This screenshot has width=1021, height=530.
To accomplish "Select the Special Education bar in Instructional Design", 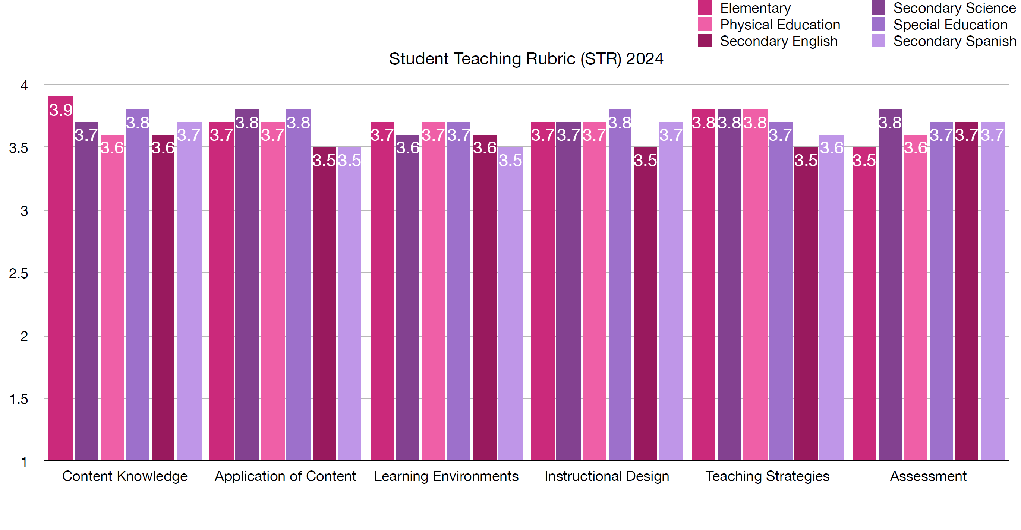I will [620, 285].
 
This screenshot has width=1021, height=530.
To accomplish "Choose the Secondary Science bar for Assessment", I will [890, 285].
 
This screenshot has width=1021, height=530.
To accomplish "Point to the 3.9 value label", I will [61, 110].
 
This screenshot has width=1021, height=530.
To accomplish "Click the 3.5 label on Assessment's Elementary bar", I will [864, 161].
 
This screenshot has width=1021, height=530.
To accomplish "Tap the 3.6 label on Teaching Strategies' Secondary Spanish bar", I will [832, 148].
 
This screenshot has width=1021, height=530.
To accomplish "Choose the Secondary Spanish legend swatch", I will [878, 41].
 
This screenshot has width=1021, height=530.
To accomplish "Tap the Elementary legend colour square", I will [705, 8].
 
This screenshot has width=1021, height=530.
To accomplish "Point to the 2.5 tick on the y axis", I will [19, 273].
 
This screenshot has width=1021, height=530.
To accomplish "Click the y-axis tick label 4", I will [24, 85].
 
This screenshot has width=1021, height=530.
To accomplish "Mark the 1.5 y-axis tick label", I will [19, 399].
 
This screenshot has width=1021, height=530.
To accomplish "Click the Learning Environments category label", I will [446, 476].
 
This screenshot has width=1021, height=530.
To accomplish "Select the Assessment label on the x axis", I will [928, 476].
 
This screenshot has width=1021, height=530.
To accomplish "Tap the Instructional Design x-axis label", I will [607, 476].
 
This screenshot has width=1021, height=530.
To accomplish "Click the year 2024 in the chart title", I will [645, 59].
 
